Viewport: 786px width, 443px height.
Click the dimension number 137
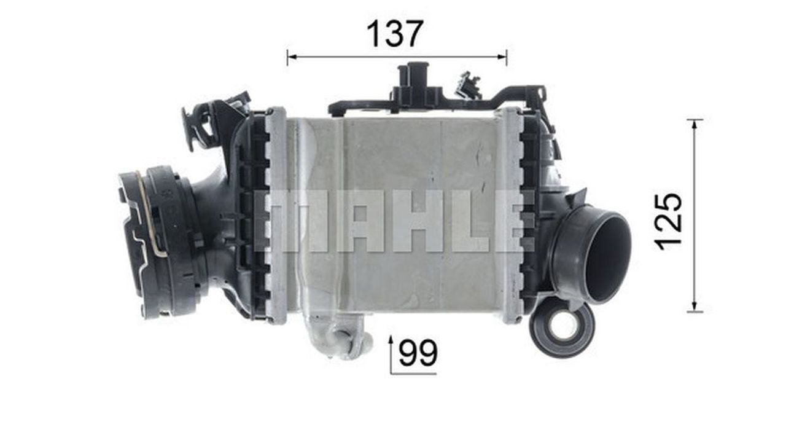coord(395,34)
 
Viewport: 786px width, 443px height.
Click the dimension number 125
coord(668,221)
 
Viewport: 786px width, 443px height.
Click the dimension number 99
coord(418,353)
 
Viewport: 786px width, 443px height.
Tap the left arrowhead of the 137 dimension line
coord(292,57)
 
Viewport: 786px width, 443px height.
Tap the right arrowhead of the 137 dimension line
coord(502,57)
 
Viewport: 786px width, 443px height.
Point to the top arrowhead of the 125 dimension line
coord(695,125)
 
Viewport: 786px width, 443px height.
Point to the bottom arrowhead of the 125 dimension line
coord(695,307)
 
